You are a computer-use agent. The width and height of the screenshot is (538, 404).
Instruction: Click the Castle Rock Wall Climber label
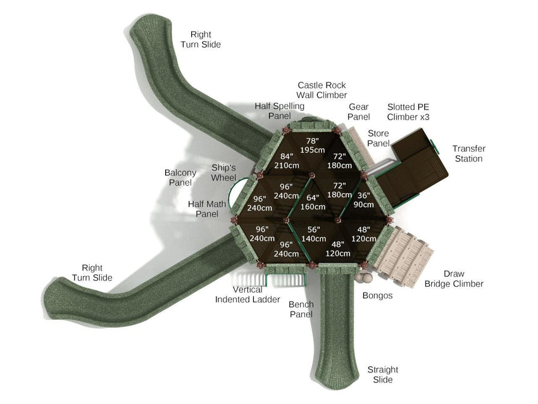[322, 90]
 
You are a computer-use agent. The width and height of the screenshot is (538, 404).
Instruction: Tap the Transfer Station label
[468, 154]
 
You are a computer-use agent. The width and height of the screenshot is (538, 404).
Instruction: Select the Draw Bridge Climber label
[454, 279]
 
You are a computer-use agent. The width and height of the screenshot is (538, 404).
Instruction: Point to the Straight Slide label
[383, 374]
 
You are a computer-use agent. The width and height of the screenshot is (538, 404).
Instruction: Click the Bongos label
[377, 296]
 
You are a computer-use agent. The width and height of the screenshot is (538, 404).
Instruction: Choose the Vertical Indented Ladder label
[239, 294]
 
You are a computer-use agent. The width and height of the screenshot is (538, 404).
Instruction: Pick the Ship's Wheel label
[223, 173]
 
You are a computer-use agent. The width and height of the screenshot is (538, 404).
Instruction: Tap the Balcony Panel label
[180, 177]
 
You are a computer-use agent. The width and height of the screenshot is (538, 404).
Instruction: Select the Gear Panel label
[358, 112]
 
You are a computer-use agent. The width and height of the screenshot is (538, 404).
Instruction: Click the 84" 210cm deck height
[287, 161]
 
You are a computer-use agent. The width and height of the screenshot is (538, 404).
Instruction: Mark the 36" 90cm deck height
[363, 200]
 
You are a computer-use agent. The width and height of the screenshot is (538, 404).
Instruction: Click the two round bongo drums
[363, 277]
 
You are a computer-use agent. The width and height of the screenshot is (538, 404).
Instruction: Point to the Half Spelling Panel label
[279, 111]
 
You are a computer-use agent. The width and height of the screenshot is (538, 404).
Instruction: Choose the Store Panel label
[378, 139]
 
